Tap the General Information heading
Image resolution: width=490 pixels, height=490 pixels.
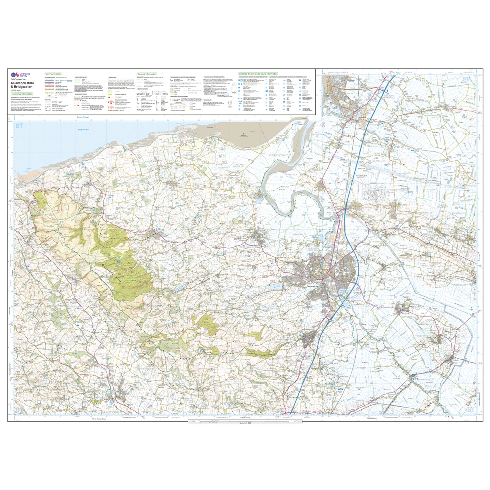point(147,74)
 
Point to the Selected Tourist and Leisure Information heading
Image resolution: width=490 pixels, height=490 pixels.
point(258,74)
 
